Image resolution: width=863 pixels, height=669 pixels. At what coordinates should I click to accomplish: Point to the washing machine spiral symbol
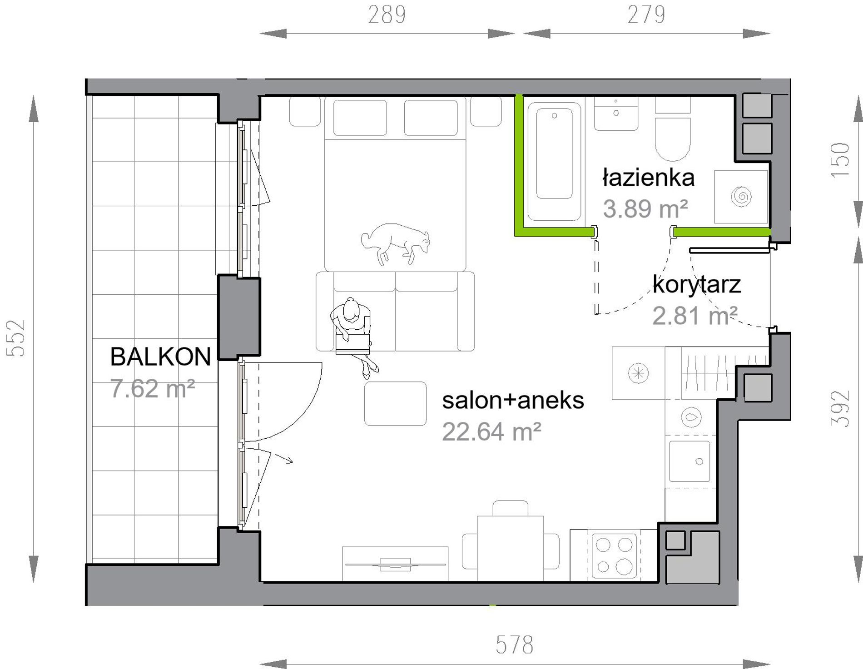[741, 197]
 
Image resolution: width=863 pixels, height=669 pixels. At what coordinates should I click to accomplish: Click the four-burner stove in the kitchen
[614, 555]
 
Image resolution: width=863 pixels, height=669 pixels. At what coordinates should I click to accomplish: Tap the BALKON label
[161, 357]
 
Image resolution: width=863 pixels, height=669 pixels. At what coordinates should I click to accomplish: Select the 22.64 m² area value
[491, 431]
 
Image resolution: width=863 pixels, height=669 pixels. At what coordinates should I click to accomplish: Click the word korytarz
[697, 285]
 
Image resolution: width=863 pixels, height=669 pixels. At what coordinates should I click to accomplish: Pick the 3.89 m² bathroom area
[645, 209]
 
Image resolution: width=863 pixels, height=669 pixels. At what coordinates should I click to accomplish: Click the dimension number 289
[387, 15]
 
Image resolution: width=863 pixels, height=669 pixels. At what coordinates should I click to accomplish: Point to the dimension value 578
[514, 644]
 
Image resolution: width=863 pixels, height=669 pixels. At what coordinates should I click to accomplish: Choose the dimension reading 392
[840, 409]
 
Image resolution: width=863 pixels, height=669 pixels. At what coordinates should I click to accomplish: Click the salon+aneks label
[513, 401]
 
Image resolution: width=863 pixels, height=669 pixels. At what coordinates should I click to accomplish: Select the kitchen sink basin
[689, 461]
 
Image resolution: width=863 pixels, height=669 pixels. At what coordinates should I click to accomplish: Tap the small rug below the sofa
[395, 404]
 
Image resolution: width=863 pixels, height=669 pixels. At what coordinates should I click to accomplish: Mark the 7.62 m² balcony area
[153, 389]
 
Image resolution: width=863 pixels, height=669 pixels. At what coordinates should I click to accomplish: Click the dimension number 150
[840, 160]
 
